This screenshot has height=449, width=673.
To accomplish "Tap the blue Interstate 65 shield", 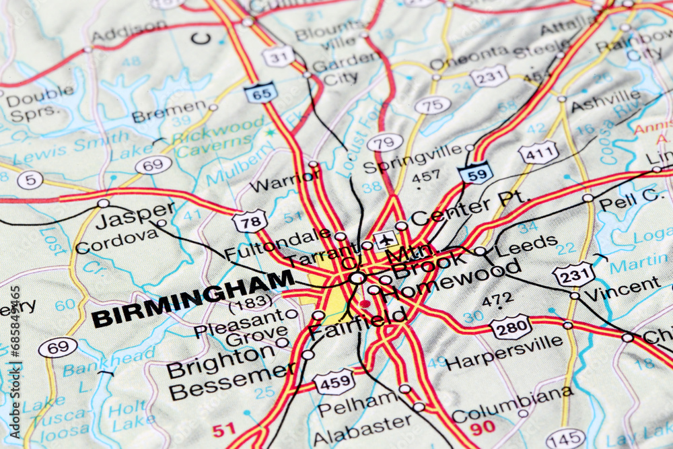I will tap(261, 92).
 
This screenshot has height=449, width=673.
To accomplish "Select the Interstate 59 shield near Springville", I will tap(476, 173).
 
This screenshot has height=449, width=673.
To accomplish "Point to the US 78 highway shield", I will tap(250, 221).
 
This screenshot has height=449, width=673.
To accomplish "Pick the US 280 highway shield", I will tap(511, 327).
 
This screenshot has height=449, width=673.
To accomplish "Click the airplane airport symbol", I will tap(386, 240).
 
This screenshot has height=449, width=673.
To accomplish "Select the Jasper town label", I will tap(135, 216).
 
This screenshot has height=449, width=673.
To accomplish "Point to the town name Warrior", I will tap(285, 181).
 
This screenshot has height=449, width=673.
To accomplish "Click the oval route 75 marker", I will tap(433, 105).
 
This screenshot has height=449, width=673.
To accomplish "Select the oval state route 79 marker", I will tap(385, 143).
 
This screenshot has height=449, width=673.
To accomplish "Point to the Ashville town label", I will tap(606, 101).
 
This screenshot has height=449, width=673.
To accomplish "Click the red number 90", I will tap(483, 427).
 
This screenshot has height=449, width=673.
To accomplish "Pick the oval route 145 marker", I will tap(565, 439).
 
